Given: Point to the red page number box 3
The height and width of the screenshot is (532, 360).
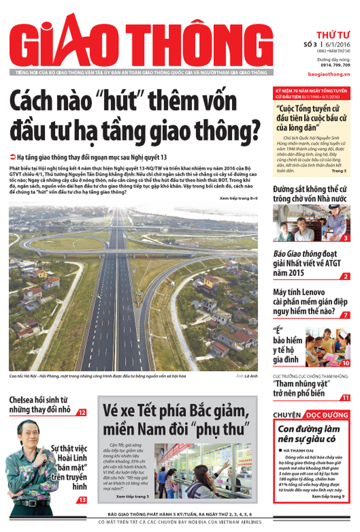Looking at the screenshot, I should [345, 238].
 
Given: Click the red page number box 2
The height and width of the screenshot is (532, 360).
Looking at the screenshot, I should [345, 277].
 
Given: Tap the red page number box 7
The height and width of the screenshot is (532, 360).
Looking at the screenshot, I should [345, 315].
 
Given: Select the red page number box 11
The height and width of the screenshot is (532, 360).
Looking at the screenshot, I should [345, 398].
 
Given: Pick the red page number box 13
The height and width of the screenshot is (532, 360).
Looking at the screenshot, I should [82, 500].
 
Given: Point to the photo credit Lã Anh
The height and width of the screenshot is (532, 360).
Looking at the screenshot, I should [250, 376].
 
